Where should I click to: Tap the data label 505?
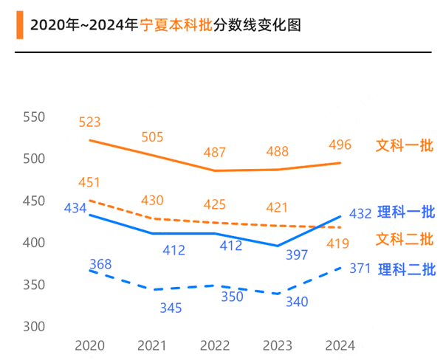click(152, 136)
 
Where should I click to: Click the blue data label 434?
click(75, 208)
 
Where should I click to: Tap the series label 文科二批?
click(405, 239)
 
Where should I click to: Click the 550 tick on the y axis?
click(34, 117)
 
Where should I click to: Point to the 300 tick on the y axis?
click(34, 326)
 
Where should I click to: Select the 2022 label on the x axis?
click(214, 346)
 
